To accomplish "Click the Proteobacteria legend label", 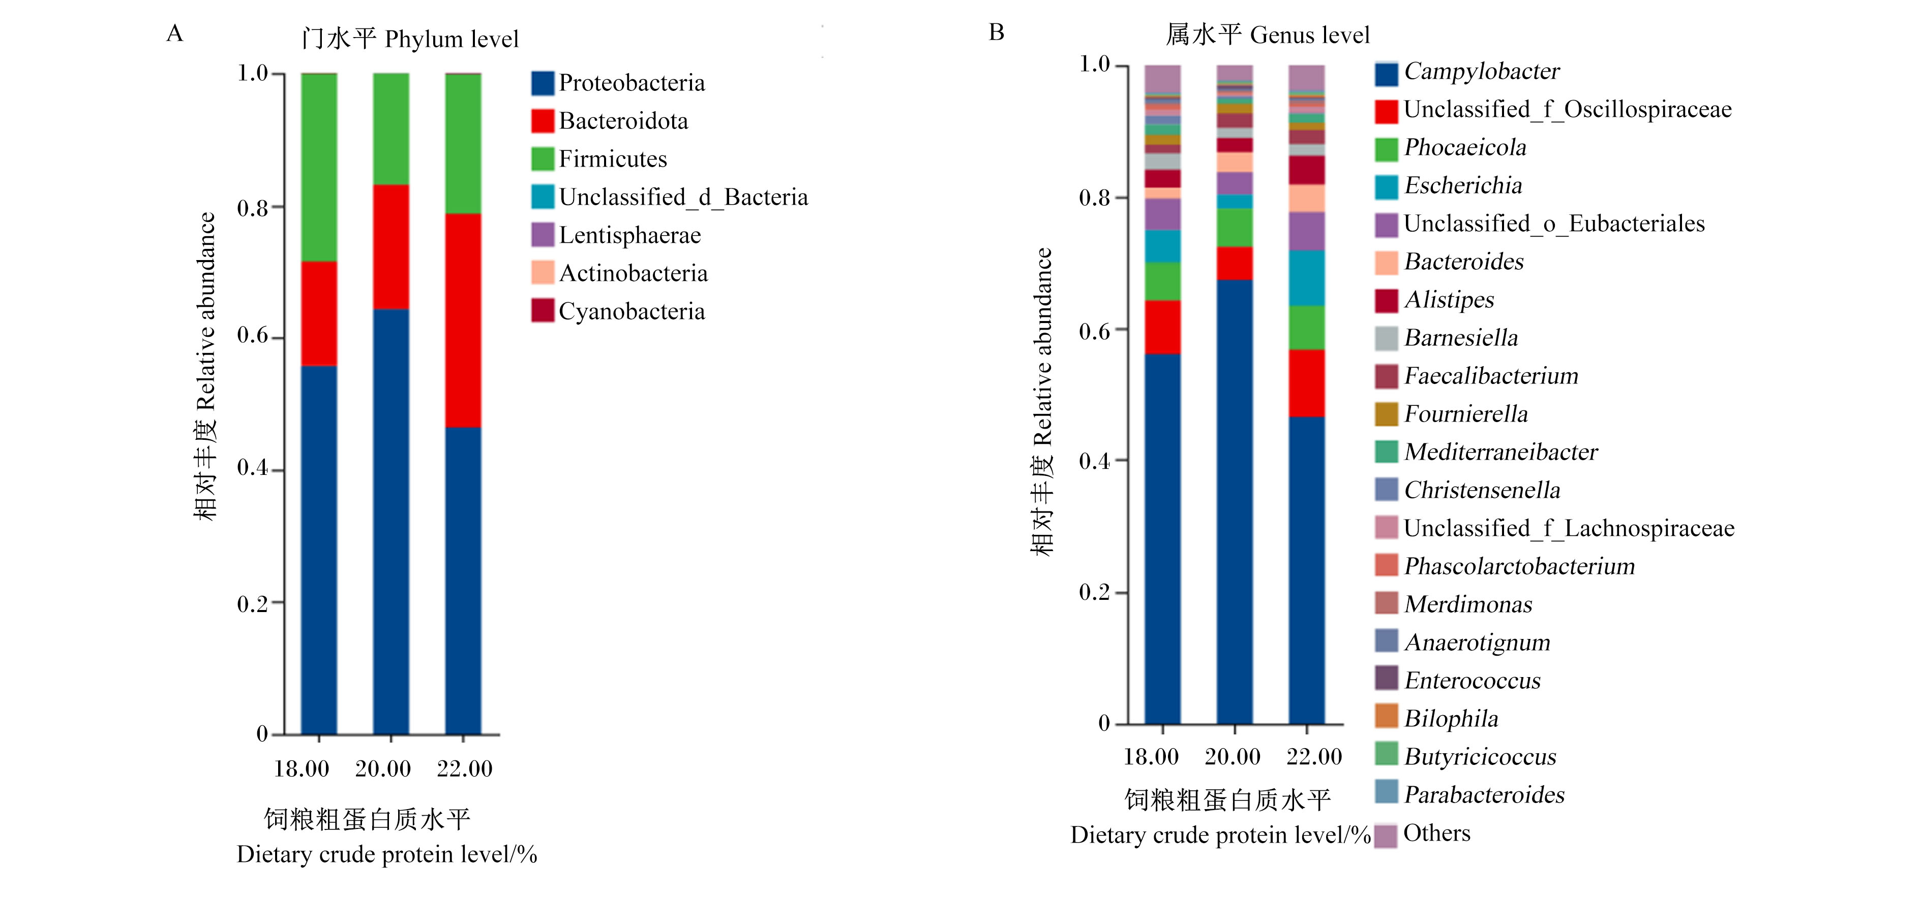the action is point(631,83).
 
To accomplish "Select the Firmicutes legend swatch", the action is point(543,159).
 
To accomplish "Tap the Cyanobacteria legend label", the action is point(631,312).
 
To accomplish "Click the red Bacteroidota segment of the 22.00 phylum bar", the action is point(463,321).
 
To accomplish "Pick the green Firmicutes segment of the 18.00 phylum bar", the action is point(319,168).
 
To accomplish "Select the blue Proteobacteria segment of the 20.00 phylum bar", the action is point(391,522).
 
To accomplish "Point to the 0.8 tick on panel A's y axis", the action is point(278,207).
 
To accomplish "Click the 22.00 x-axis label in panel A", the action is point(464,769).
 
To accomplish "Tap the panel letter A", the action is point(174,34).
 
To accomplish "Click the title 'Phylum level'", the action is point(452,39).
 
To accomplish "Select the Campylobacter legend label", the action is point(1481,72).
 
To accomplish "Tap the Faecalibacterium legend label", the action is point(1491,376).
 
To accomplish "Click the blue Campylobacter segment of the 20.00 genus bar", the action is point(1235,502).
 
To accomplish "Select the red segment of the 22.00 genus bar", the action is point(1306,383).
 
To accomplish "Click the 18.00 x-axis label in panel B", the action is point(1151,757).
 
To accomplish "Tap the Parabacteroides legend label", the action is point(1484,795).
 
